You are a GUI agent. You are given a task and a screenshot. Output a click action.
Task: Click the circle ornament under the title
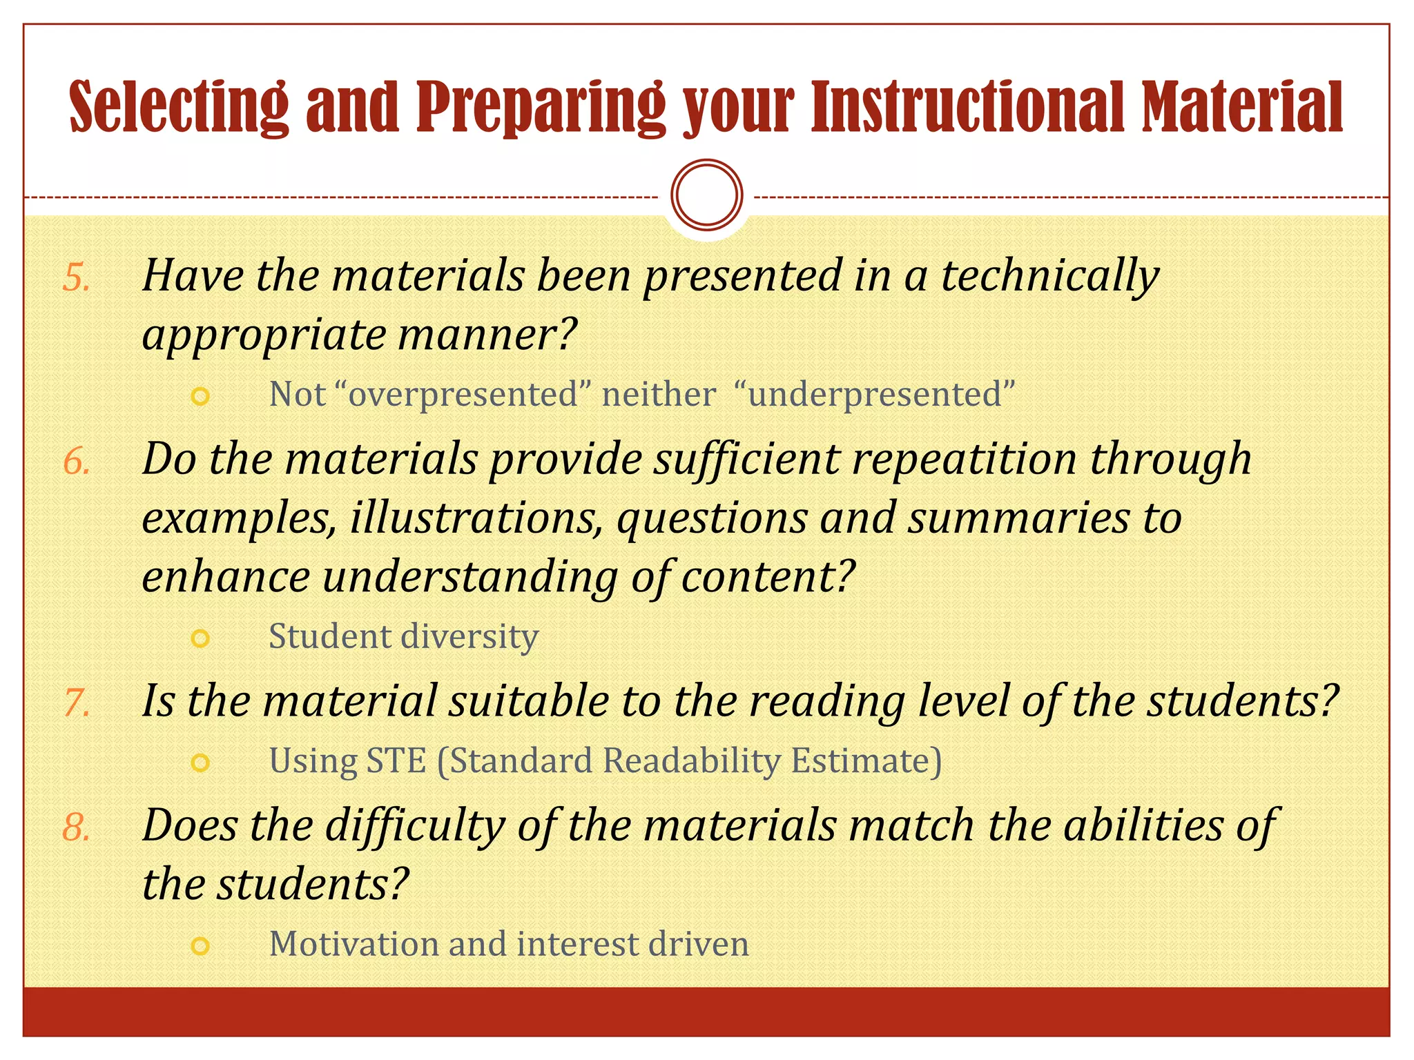(706, 195)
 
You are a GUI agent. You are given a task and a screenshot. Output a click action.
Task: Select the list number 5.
(76, 278)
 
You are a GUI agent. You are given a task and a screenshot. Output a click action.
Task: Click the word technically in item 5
(1049, 276)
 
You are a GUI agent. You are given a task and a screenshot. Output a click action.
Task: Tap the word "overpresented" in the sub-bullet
(463, 395)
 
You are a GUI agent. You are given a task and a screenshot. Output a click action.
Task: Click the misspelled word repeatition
(964, 459)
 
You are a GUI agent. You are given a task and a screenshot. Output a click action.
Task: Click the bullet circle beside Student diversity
(200, 638)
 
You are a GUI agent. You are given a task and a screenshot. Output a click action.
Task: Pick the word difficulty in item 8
(415, 826)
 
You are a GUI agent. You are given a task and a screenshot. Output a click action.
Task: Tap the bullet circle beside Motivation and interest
(200, 945)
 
